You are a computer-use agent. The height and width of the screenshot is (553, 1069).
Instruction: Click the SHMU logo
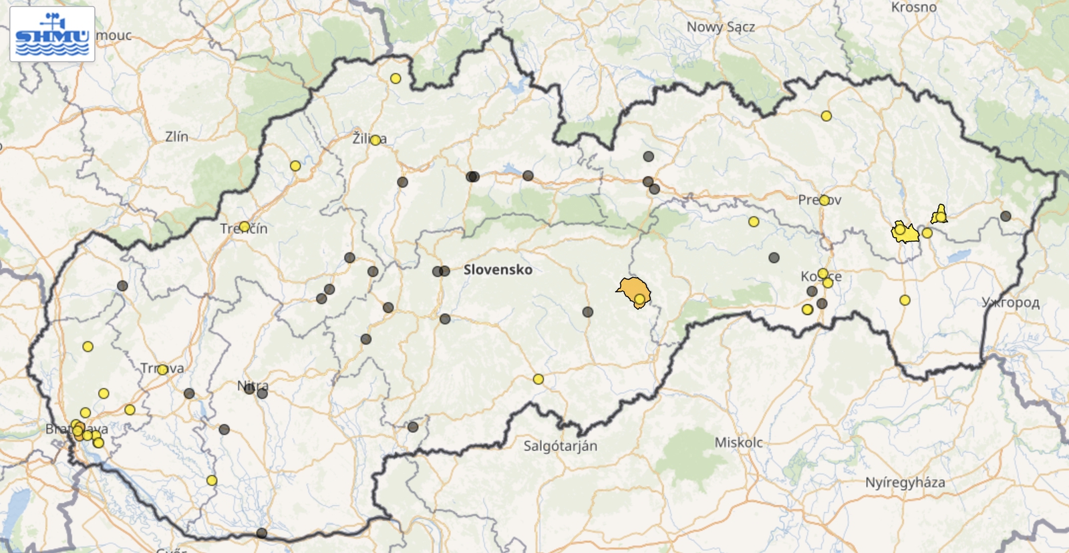click(x=52, y=35)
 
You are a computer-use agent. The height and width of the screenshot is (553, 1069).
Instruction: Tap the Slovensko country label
click(x=498, y=270)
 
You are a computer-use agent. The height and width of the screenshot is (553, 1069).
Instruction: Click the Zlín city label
click(x=176, y=137)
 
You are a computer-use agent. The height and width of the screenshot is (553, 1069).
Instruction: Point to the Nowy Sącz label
click(x=720, y=27)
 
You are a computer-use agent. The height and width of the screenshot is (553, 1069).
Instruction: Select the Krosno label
click(x=913, y=7)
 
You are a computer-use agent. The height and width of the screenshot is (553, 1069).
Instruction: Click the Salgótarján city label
click(x=560, y=445)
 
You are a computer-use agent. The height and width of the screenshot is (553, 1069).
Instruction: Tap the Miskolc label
click(x=738, y=442)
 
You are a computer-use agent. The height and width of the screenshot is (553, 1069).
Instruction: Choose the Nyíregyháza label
click(x=905, y=482)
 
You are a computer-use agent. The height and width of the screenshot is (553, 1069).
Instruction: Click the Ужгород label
click(x=1010, y=303)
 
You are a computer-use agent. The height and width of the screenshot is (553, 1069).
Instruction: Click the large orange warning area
click(x=632, y=290)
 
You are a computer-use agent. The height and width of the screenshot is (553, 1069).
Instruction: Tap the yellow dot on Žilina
click(x=375, y=140)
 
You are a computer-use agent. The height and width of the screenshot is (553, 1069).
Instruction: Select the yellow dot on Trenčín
click(x=245, y=226)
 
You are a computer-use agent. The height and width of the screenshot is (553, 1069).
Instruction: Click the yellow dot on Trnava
click(x=162, y=369)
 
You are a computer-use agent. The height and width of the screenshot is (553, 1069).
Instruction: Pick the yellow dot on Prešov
click(x=824, y=200)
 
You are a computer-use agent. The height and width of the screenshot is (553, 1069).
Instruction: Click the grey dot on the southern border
click(x=262, y=533)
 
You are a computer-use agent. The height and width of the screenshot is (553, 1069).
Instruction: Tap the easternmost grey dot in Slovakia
click(x=1006, y=216)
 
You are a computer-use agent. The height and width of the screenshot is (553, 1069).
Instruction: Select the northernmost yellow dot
click(x=396, y=79)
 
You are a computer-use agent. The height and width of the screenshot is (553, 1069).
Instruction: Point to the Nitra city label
click(x=253, y=385)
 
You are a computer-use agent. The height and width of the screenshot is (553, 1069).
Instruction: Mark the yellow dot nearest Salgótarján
click(x=539, y=379)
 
